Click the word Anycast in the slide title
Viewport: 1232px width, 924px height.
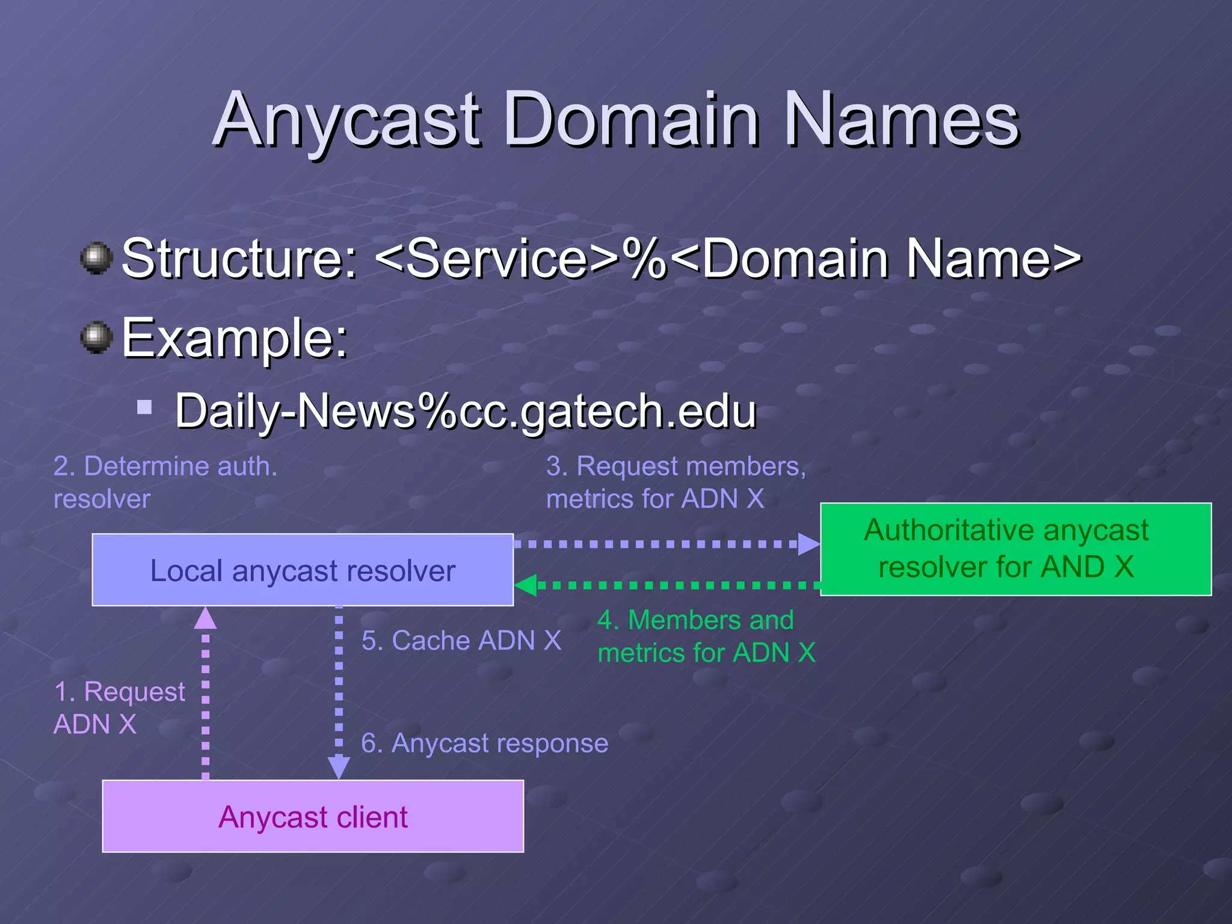pyautogui.click(x=347, y=120)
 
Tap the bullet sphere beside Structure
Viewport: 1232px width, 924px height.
pyautogui.click(x=96, y=258)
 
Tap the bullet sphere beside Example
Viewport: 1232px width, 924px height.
pyautogui.click(x=96, y=337)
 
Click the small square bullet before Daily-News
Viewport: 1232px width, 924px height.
pyautogui.click(x=144, y=408)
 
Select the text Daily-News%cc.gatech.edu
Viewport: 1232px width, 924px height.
pyautogui.click(x=465, y=411)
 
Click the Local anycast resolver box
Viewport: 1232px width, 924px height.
pyautogui.click(x=303, y=570)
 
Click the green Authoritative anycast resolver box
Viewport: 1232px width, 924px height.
pyautogui.click(x=1015, y=549)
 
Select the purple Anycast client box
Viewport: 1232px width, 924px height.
pyautogui.click(x=313, y=816)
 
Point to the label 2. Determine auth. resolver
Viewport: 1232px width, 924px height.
pyautogui.click(x=165, y=482)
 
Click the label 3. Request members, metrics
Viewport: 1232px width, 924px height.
pyautogui.click(x=675, y=482)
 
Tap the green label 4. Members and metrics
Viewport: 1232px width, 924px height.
pyautogui.click(x=706, y=636)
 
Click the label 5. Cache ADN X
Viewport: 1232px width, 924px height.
pyautogui.click(x=461, y=641)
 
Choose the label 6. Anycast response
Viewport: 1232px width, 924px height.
pyautogui.click(x=484, y=744)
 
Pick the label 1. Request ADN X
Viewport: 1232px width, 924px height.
pyautogui.click(x=119, y=708)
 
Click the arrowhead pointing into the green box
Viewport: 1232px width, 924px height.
pyautogui.click(x=808, y=544)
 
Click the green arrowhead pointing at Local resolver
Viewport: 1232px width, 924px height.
pyautogui.click(x=526, y=585)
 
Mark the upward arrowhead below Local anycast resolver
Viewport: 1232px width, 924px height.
pyautogui.click(x=205, y=618)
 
